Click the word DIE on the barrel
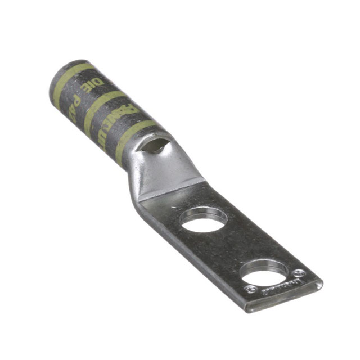[97, 84]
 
